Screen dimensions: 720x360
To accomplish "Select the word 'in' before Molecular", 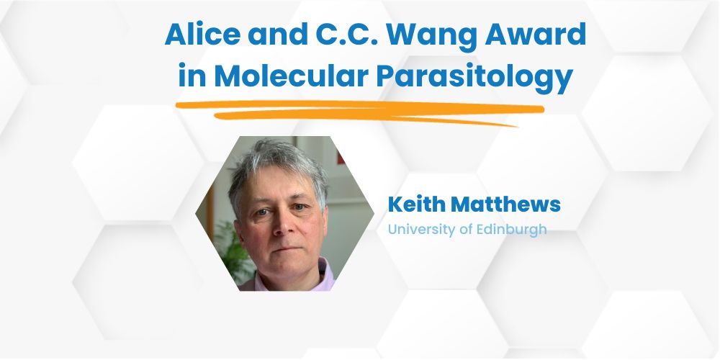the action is [192, 76].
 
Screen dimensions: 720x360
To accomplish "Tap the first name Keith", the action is [416, 204].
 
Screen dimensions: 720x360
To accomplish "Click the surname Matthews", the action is [505, 204].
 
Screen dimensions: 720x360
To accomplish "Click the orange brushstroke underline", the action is [360, 112].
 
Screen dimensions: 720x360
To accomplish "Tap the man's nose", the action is [281, 222].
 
